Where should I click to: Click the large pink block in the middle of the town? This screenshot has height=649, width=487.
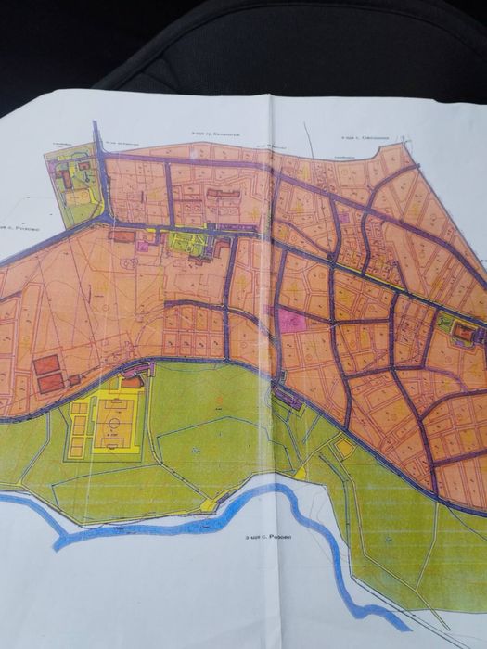[293, 322]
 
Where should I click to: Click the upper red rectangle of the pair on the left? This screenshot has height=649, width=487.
[46, 364]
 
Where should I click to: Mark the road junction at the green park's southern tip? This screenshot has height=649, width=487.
[108, 222]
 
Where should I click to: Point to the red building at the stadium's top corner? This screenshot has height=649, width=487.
[133, 380]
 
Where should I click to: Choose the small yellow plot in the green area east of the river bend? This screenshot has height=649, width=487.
[344, 449]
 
